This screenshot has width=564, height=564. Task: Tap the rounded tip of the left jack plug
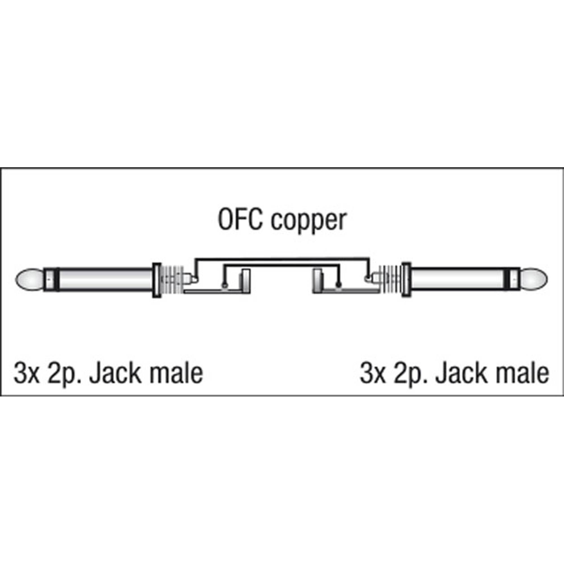click(x=29, y=280)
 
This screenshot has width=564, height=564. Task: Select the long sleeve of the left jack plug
click(x=105, y=280)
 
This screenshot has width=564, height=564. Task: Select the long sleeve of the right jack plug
click(x=458, y=280)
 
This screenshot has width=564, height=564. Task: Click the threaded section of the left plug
click(x=173, y=280)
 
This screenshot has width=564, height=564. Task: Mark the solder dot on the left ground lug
click(x=224, y=285)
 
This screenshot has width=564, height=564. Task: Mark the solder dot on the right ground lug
click(x=339, y=285)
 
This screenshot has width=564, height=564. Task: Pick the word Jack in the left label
click(x=116, y=374)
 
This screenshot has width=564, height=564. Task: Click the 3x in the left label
click(x=26, y=374)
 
